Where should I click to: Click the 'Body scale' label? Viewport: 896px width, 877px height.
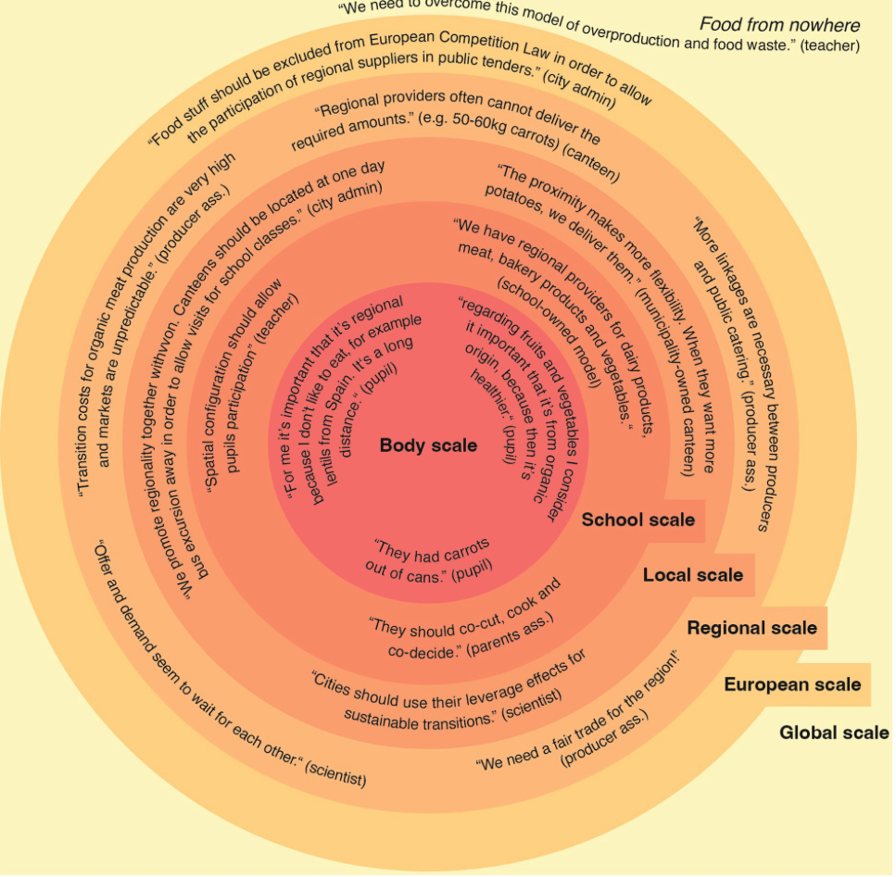point(428,445)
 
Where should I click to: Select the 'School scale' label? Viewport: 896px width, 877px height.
point(637,520)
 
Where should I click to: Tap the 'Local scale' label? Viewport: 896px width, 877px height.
point(692,575)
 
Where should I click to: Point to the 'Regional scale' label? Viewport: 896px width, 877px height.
point(751,628)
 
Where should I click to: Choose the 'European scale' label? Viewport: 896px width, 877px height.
point(792,685)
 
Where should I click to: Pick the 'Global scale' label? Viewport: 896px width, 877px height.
point(834,733)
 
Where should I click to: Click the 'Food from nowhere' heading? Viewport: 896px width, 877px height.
point(779,25)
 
